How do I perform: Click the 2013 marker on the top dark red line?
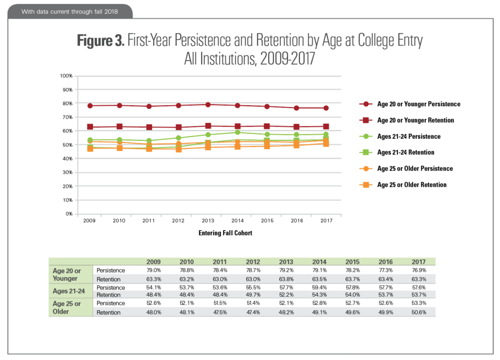208,105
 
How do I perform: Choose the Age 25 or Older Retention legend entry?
412,185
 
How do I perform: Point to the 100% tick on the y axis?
66,76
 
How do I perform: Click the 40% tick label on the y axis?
67,159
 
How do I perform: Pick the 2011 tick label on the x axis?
149,221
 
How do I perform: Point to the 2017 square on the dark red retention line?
326,126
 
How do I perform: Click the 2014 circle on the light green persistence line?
237,132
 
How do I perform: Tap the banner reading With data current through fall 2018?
69,11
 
